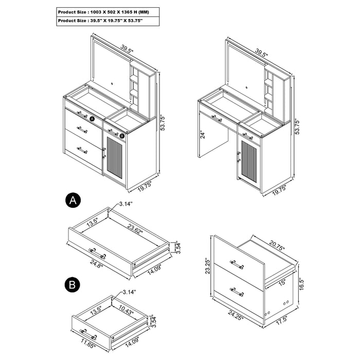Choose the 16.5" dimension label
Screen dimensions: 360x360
302,285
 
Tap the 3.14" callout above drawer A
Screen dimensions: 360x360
124,204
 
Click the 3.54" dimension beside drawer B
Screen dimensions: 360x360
152,321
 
